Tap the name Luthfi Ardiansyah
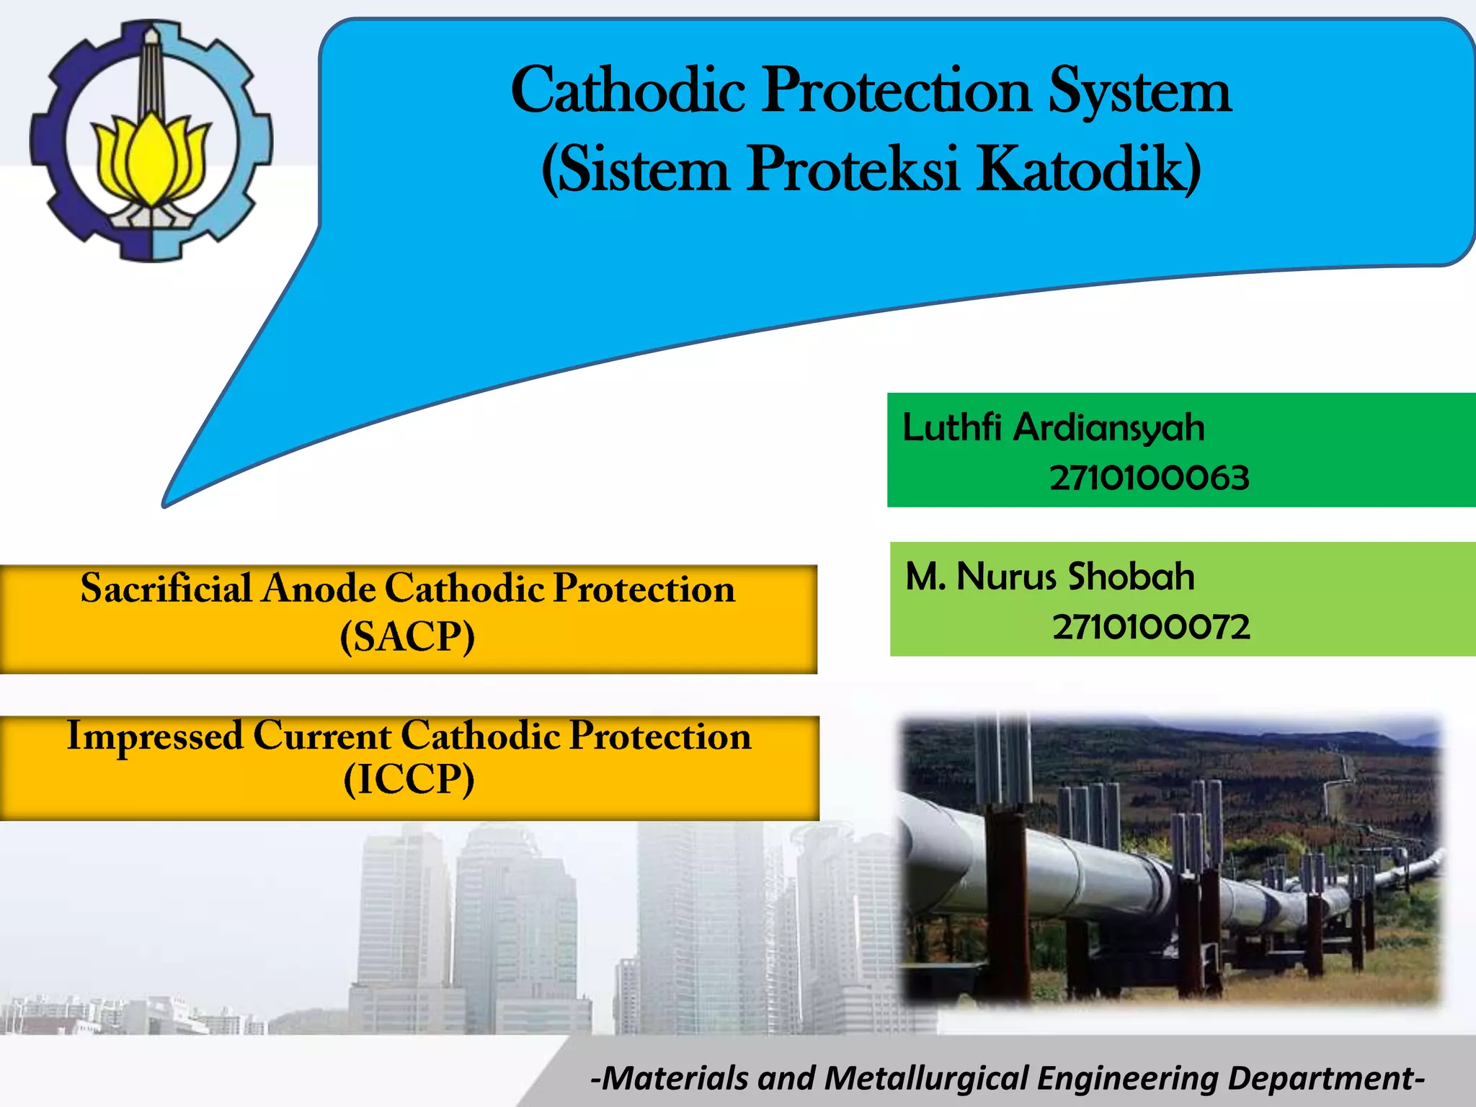[x=1053, y=427]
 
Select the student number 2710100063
[x=1149, y=478]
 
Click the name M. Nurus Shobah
[x=1049, y=577]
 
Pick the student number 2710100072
[x=1151, y=627]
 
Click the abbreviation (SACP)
[x=407, y=636]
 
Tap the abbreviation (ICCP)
[x=409, y=779]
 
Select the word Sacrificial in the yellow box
[x=166, y=588]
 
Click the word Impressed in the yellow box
[x=155, y=736]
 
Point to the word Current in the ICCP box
[x=322, y=736]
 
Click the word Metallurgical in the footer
[x=925, y=1078]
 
